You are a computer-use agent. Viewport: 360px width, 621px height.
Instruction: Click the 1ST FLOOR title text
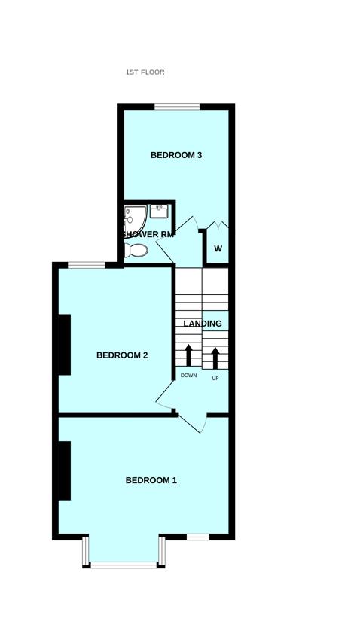[x=145, y=72]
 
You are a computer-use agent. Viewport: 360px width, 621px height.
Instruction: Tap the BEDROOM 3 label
[x=176, y=156]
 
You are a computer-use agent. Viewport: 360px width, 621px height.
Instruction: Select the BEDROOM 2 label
[x=122, y=355]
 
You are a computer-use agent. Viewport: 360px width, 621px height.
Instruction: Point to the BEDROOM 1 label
[x=151, y=480]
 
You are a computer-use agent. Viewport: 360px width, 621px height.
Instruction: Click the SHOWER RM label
[x=150, y=234]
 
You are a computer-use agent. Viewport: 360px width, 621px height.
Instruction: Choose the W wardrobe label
[x=218, y=248]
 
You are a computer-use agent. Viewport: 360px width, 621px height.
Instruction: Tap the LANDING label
[x=203, y=324]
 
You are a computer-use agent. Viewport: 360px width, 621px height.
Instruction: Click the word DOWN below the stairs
[x=188, y=376]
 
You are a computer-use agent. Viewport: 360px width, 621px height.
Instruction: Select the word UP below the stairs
[x=215, y=378]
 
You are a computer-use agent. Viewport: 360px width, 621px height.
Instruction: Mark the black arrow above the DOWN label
[x=188, y=355]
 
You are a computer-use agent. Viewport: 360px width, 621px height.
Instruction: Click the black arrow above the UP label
[x=215, y=358]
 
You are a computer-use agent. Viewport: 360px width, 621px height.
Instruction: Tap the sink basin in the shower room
[x=159, y=210]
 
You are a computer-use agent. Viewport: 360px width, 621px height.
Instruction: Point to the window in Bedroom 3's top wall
[x=178, y=106]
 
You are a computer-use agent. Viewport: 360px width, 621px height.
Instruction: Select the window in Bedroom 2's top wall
[x=86, y=264]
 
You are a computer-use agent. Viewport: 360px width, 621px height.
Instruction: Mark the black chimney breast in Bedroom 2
[x=65, y=344]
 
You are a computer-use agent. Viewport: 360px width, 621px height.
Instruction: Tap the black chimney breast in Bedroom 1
[x=65, y=470]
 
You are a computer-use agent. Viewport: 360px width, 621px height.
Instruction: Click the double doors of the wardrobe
[x=217, y=226]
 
